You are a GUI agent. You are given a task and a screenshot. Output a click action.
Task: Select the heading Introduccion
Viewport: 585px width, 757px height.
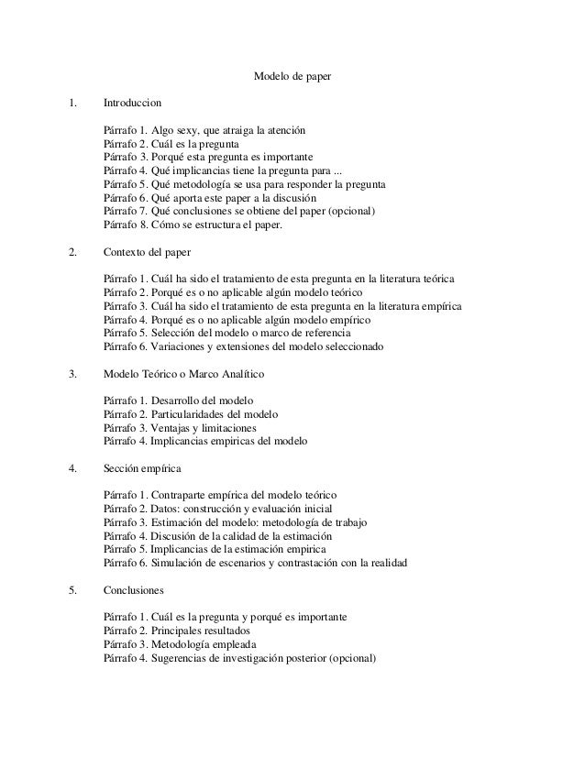(x=135, y=106)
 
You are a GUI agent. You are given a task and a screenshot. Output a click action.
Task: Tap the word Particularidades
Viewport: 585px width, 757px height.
(x=195, y=414)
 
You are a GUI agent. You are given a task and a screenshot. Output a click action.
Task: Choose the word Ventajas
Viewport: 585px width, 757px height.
(x=173, y=427)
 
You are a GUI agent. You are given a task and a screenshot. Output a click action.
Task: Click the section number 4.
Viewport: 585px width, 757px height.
(x=73, y=468)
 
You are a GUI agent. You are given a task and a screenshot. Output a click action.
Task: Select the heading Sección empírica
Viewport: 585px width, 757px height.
(x=142, y=468)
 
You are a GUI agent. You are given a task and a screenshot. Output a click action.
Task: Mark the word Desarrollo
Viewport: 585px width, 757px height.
(x=180, y=401)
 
